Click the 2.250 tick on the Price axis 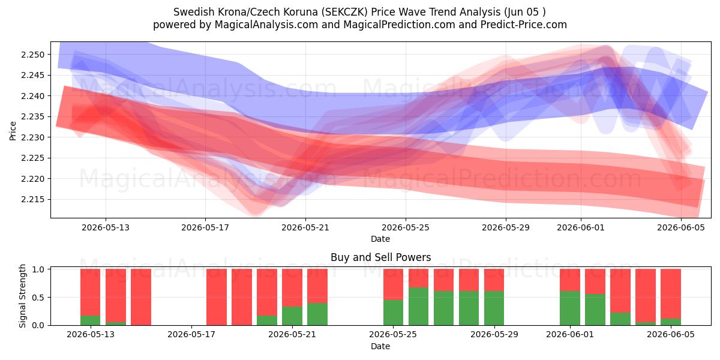[x=32, y=55]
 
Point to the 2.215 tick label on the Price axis [x=32, y=200]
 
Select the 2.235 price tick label [x=32, y=116]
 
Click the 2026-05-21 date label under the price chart [x=305, y=227]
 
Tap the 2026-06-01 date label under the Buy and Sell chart [x=570, y=335]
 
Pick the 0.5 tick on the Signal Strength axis [x=38, y=298]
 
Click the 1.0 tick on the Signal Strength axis [x=38, y=269]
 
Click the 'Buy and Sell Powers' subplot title [x=380, y=257]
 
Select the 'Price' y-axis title [x=13, y=131]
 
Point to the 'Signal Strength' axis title [x=22, y=296]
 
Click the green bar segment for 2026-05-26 [x=419, y=307]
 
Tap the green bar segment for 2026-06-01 [x=570, y=308]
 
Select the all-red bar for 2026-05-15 [x=141, y=297]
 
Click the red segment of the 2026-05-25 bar [x=393, y=284]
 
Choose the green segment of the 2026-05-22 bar [x=317, y=314]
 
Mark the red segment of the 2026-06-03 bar [x=620, y=291]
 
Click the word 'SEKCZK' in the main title [x=346, y=12]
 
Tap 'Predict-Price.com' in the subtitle [x=524, y=25]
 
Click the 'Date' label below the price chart [x=380, y=239]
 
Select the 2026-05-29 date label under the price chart [x=506, y=227]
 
